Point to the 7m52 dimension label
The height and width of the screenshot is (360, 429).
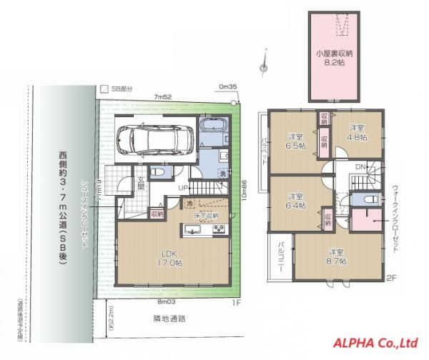point(162,98)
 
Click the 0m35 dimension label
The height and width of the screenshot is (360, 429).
point(228,88)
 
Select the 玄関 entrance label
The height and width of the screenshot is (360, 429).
point(142,183)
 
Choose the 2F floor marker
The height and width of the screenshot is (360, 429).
point(390,278)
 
